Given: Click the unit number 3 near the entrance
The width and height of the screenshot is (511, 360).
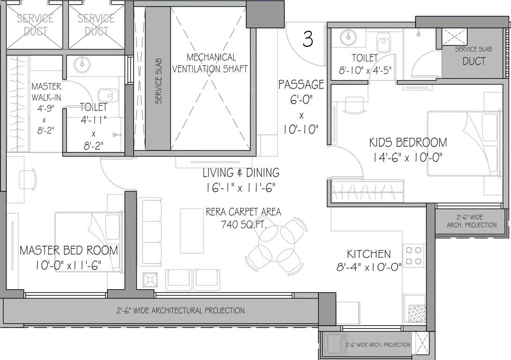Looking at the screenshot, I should tap(308, 39).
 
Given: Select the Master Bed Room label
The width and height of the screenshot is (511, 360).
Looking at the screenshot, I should tap(68, 250).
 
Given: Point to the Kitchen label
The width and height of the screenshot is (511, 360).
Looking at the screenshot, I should tap(368, 254).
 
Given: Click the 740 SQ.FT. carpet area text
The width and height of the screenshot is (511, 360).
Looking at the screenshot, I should tap(243, 225).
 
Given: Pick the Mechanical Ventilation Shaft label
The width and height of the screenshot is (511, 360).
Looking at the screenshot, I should tap(211, 63).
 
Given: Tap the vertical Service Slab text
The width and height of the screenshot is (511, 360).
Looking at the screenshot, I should tap(158, 81).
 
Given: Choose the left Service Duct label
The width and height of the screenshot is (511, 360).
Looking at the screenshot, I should tap(36, 24).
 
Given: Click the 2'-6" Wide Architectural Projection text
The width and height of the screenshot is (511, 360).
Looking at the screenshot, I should tap(180, 310).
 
